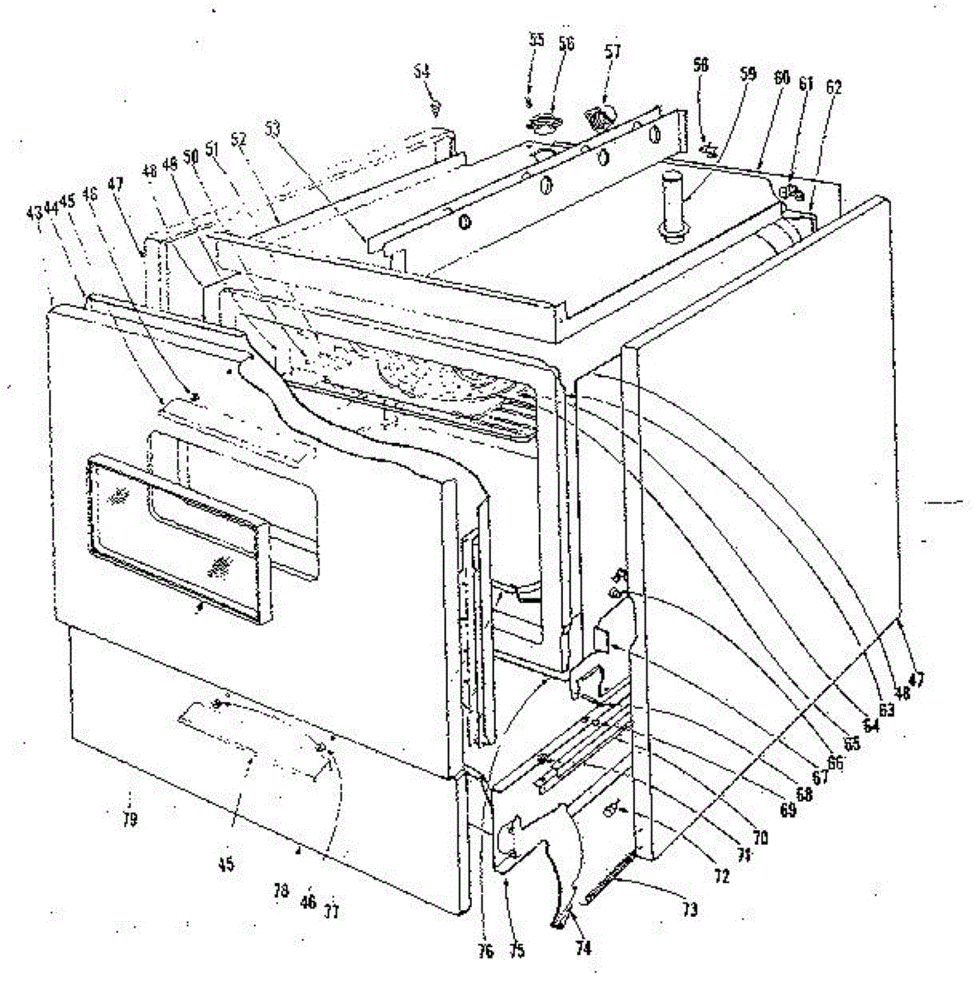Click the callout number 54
pos(422,73)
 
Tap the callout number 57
pos(612,51)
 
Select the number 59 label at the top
pos(747,73)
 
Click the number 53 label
pos(272,128)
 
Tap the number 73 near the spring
pos(691,910)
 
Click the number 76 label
pos(485,952)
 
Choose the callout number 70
pos(760,837)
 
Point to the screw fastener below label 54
pos(439,106)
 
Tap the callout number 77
pos(331,912)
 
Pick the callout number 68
pos(802,794)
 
